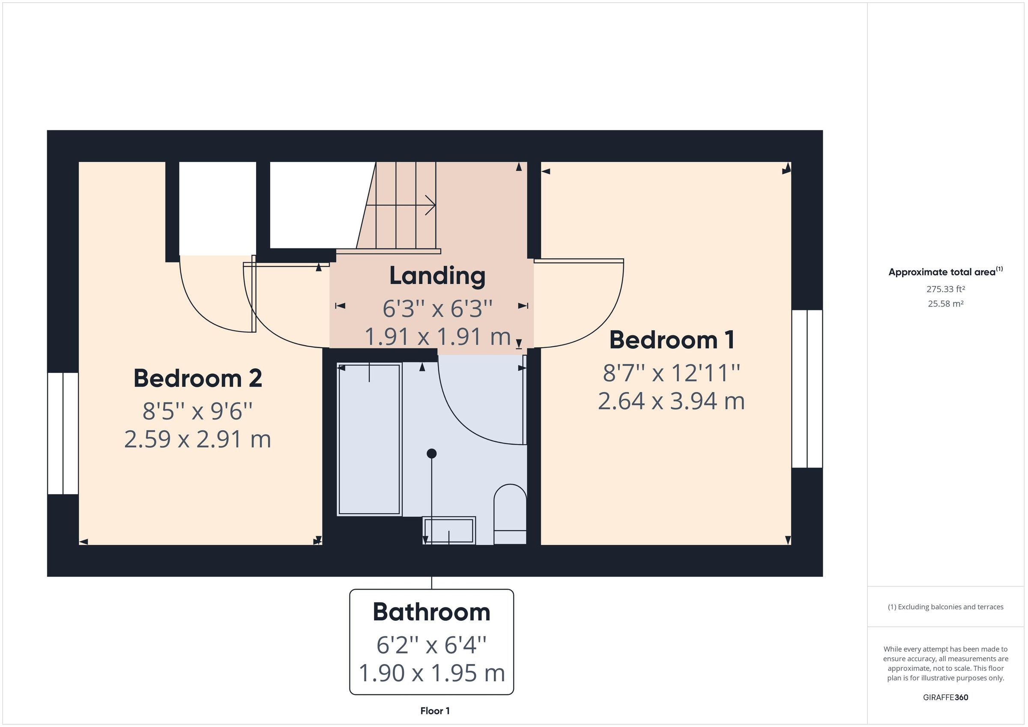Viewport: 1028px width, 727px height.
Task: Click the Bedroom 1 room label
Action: point(672,340)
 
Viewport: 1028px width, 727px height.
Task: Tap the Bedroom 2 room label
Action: point(197,379)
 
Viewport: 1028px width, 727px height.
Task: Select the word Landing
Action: point(437,276)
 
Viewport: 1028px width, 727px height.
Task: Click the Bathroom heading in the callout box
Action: point(431,612)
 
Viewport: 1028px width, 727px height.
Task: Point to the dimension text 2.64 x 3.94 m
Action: point(671,401)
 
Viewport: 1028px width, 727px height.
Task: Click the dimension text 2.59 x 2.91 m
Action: point(197,440)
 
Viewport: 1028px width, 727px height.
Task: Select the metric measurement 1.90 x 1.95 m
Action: point(431,673)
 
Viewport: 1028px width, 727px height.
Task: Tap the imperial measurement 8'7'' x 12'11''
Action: point(671,373)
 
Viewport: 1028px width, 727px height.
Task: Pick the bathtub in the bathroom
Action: point(368,440)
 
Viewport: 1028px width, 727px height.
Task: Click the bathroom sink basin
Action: point(448,530)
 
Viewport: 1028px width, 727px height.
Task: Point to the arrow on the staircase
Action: point(430,206)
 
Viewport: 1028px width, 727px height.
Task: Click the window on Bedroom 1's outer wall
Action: point(807,389)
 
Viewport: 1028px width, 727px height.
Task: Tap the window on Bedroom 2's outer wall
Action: point(63,433)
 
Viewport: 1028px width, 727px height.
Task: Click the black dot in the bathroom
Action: point(431,453)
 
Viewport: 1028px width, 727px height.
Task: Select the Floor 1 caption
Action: point(434,711)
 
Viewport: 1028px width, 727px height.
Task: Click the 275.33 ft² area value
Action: point(945,289)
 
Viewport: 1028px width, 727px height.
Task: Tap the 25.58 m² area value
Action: point(945,304)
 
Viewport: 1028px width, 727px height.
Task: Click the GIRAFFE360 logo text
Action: point(945,697)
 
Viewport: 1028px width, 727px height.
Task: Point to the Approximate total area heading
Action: point(942,272)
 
